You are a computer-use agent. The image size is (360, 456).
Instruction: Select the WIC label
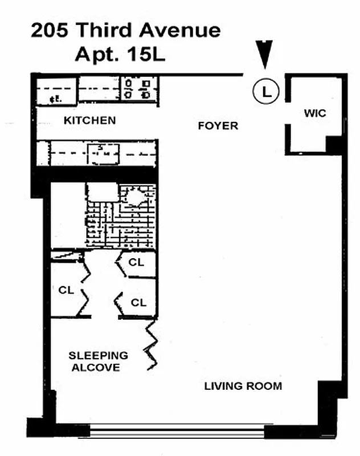pos(314,113)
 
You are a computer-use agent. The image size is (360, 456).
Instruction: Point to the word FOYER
pos(218,125)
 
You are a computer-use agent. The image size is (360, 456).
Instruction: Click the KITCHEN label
pos(89,120)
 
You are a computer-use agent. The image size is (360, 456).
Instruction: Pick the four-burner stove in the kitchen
pos(137,89)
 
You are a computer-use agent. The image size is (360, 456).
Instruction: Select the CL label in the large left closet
pos(66,290)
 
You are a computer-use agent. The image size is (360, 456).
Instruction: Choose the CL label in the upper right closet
pos(136,263)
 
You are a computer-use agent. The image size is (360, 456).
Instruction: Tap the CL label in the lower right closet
pos(138,303)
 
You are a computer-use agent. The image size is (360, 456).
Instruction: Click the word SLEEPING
pos(99,355)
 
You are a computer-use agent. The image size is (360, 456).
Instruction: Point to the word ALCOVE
pos(96,368)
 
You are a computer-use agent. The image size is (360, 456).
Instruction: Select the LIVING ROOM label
pos(243,386)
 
